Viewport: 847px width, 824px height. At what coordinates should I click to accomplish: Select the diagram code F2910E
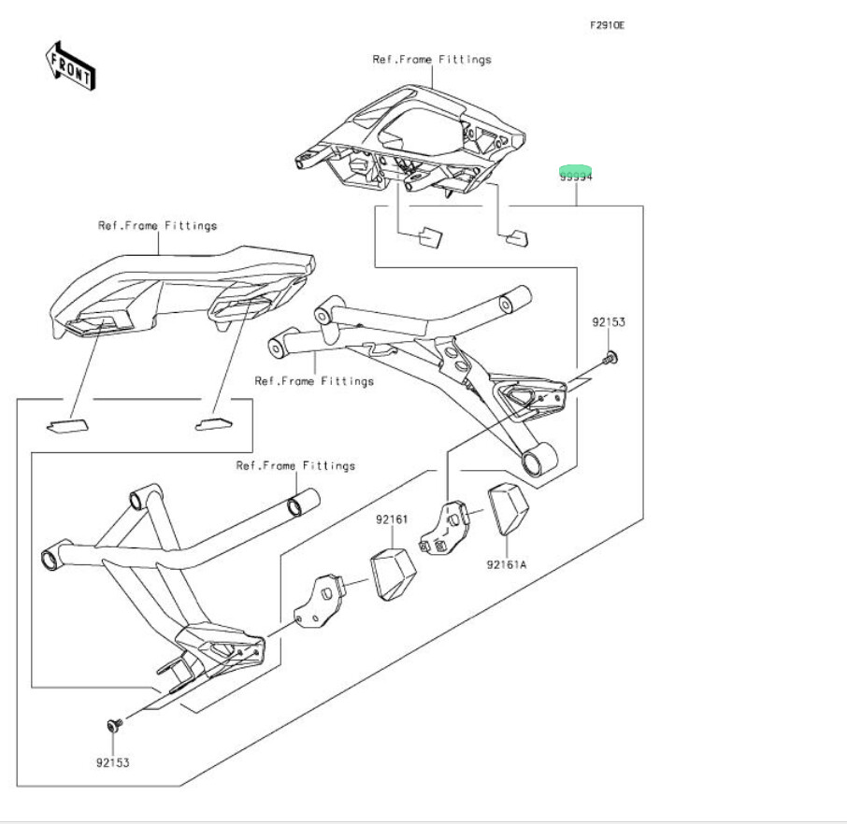point(607,25)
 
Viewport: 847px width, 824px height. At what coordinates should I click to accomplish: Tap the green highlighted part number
point(576,173)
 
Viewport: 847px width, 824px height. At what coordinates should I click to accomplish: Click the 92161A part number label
point(508,564)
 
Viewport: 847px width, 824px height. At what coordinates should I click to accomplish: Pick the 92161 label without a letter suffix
point(393,519)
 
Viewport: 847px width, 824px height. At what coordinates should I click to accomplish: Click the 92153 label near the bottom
point(112,762)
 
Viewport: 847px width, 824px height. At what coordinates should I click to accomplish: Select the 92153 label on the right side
point(608,322)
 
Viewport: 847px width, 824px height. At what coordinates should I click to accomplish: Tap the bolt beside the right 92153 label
point(610,356)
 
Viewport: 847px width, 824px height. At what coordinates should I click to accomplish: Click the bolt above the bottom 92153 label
point(113,724)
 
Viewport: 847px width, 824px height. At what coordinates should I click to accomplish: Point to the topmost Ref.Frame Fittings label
point(432,60)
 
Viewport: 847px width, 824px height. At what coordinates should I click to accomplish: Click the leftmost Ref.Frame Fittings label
point(158,226)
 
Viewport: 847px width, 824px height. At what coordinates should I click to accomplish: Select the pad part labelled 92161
point(393,572)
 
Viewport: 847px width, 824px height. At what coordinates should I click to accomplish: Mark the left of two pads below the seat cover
point(68,423)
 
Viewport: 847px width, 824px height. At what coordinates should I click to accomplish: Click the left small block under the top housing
point(429,235)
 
